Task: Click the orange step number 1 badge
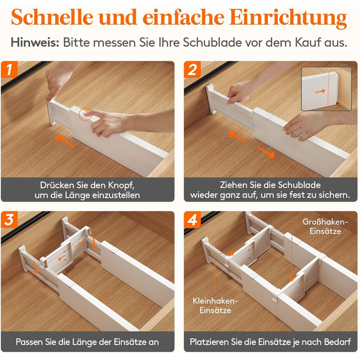coord(9,69)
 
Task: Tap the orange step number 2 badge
coord(192,69)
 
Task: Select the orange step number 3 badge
coord(9,220)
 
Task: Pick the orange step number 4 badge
coord(192,220)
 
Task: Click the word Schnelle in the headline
coord(52,17)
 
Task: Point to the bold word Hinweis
coord(35,43)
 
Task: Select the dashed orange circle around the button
coord(85,114)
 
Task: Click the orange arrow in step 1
coord(65,141)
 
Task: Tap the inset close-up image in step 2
coord(326,89)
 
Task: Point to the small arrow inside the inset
coord(320,92)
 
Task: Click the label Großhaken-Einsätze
coord(325,226)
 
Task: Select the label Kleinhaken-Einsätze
coord(215,305)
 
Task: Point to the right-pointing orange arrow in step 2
coord(266,152)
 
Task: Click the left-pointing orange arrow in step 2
coord(238,136)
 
